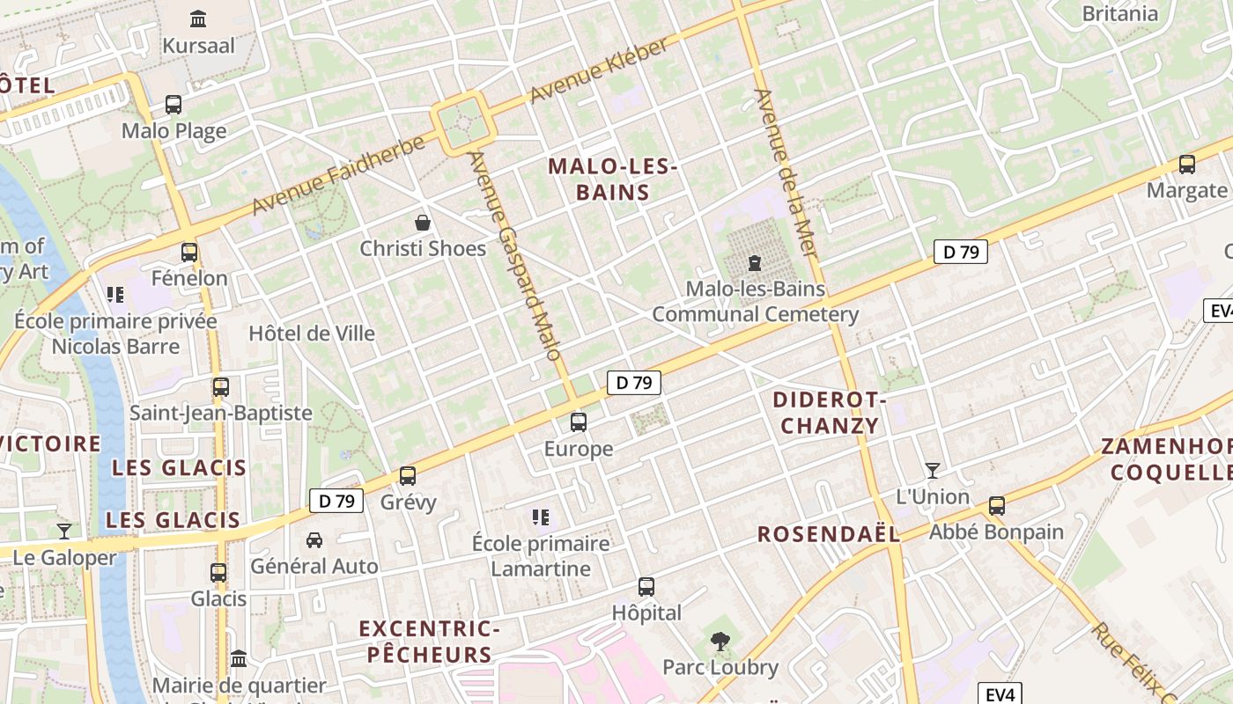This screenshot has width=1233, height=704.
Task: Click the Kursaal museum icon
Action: coord(198,18)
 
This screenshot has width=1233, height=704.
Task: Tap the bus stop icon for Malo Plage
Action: coord(174,105)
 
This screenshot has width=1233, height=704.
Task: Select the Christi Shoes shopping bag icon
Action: coord(423,223)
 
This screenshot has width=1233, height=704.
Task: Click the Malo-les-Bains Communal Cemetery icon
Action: coord(754,263)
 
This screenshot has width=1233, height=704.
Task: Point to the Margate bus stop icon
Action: coord(1186,165)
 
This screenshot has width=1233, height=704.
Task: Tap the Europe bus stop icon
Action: coord(578,422)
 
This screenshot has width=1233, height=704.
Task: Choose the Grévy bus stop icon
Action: coord(408,476)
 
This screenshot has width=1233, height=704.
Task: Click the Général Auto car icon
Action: coord(314,539)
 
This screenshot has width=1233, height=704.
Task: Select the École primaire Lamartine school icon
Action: coord(541,517)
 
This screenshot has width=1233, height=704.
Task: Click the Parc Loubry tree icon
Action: coord(720,642)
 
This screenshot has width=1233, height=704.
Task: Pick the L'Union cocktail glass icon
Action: coord(932,470)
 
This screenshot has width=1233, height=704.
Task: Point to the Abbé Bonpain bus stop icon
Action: coord(996,506)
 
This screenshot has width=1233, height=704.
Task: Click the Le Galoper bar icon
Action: coord(64,531)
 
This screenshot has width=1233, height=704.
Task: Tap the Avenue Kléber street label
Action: coord(600,72)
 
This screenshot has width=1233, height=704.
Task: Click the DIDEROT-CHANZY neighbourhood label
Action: coord(830,413)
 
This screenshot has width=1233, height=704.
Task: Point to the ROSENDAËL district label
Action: coord(829,534)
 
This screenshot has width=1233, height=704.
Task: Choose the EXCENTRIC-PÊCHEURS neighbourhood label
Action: coord(429,642)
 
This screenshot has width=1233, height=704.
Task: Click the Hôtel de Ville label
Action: coord(312,334)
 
